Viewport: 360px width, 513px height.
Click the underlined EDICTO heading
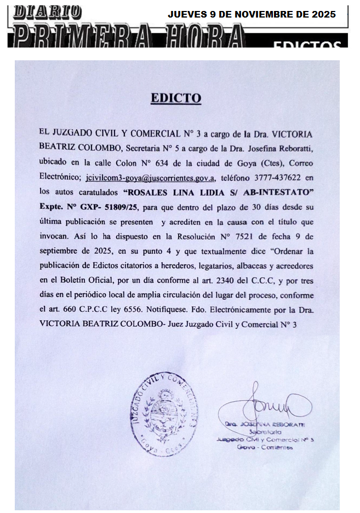point(176,99)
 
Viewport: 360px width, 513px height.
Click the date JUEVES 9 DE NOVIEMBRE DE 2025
point(252,14)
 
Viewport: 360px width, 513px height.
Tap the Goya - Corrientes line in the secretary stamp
point(265,447)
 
